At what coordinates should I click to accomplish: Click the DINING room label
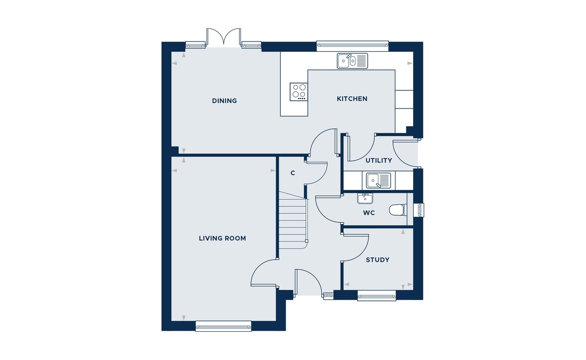[224, 101]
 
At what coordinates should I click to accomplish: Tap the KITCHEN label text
[352, 99]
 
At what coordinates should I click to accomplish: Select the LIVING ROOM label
[222, 238]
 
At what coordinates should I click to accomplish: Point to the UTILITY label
[378, 160]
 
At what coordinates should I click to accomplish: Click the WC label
[369, 213]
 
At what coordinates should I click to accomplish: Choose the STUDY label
[377, 260]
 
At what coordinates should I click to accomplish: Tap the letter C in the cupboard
[293, 173]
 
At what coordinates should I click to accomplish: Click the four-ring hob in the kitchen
[299, 91]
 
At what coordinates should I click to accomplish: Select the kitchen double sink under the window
[352, 61]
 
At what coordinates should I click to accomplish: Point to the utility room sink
[378, 181]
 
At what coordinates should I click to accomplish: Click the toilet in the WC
[398, 210]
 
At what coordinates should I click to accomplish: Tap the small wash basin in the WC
[365, 199]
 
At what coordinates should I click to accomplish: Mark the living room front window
[224, 326]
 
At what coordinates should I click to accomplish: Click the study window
[377, 296]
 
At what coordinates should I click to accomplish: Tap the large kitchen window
[353, 46]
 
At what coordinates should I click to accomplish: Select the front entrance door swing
[310, 282]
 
